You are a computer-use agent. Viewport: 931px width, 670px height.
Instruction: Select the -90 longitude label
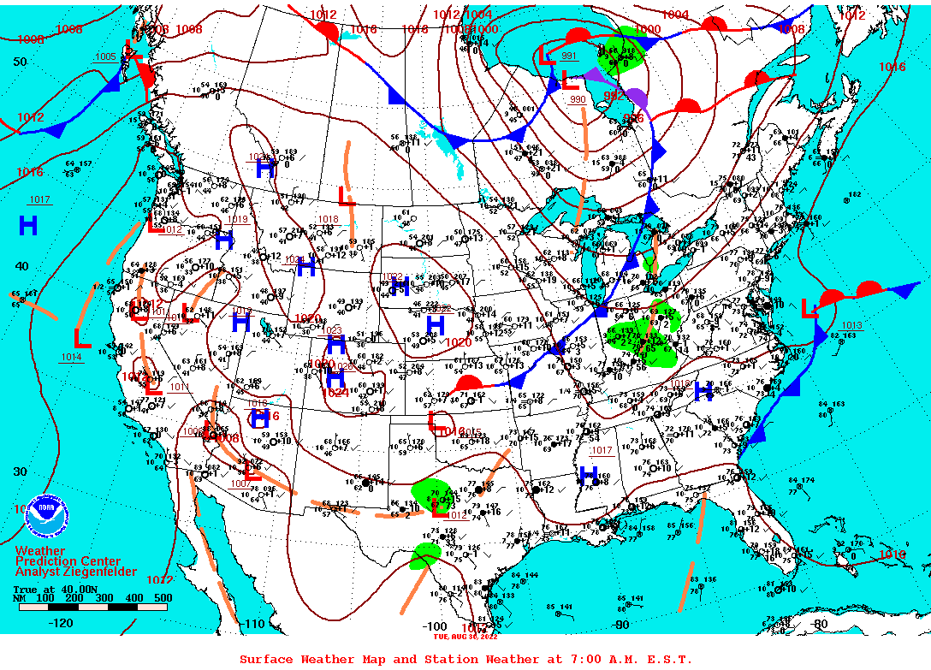coord(621,625)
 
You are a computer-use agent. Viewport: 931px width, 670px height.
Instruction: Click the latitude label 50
coord(21,62)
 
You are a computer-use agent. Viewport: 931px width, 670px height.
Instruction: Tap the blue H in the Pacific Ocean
coord(28,226)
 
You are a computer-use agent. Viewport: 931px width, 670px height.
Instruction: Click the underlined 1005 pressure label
coord(105,56)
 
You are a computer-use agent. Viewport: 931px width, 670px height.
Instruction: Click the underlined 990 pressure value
coord(578,99)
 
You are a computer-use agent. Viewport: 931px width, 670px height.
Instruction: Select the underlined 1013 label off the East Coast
coord(851,326)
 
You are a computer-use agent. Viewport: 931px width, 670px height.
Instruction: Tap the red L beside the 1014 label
coord(82,338)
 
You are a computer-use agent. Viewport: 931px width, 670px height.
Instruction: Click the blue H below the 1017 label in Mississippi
coord(588,475)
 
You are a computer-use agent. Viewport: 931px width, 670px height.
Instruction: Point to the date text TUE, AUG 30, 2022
coord(465,636)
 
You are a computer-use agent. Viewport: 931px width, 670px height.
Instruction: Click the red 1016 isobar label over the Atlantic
coord(892,67)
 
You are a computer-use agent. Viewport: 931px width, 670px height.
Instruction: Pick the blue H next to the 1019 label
coord(224,240)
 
